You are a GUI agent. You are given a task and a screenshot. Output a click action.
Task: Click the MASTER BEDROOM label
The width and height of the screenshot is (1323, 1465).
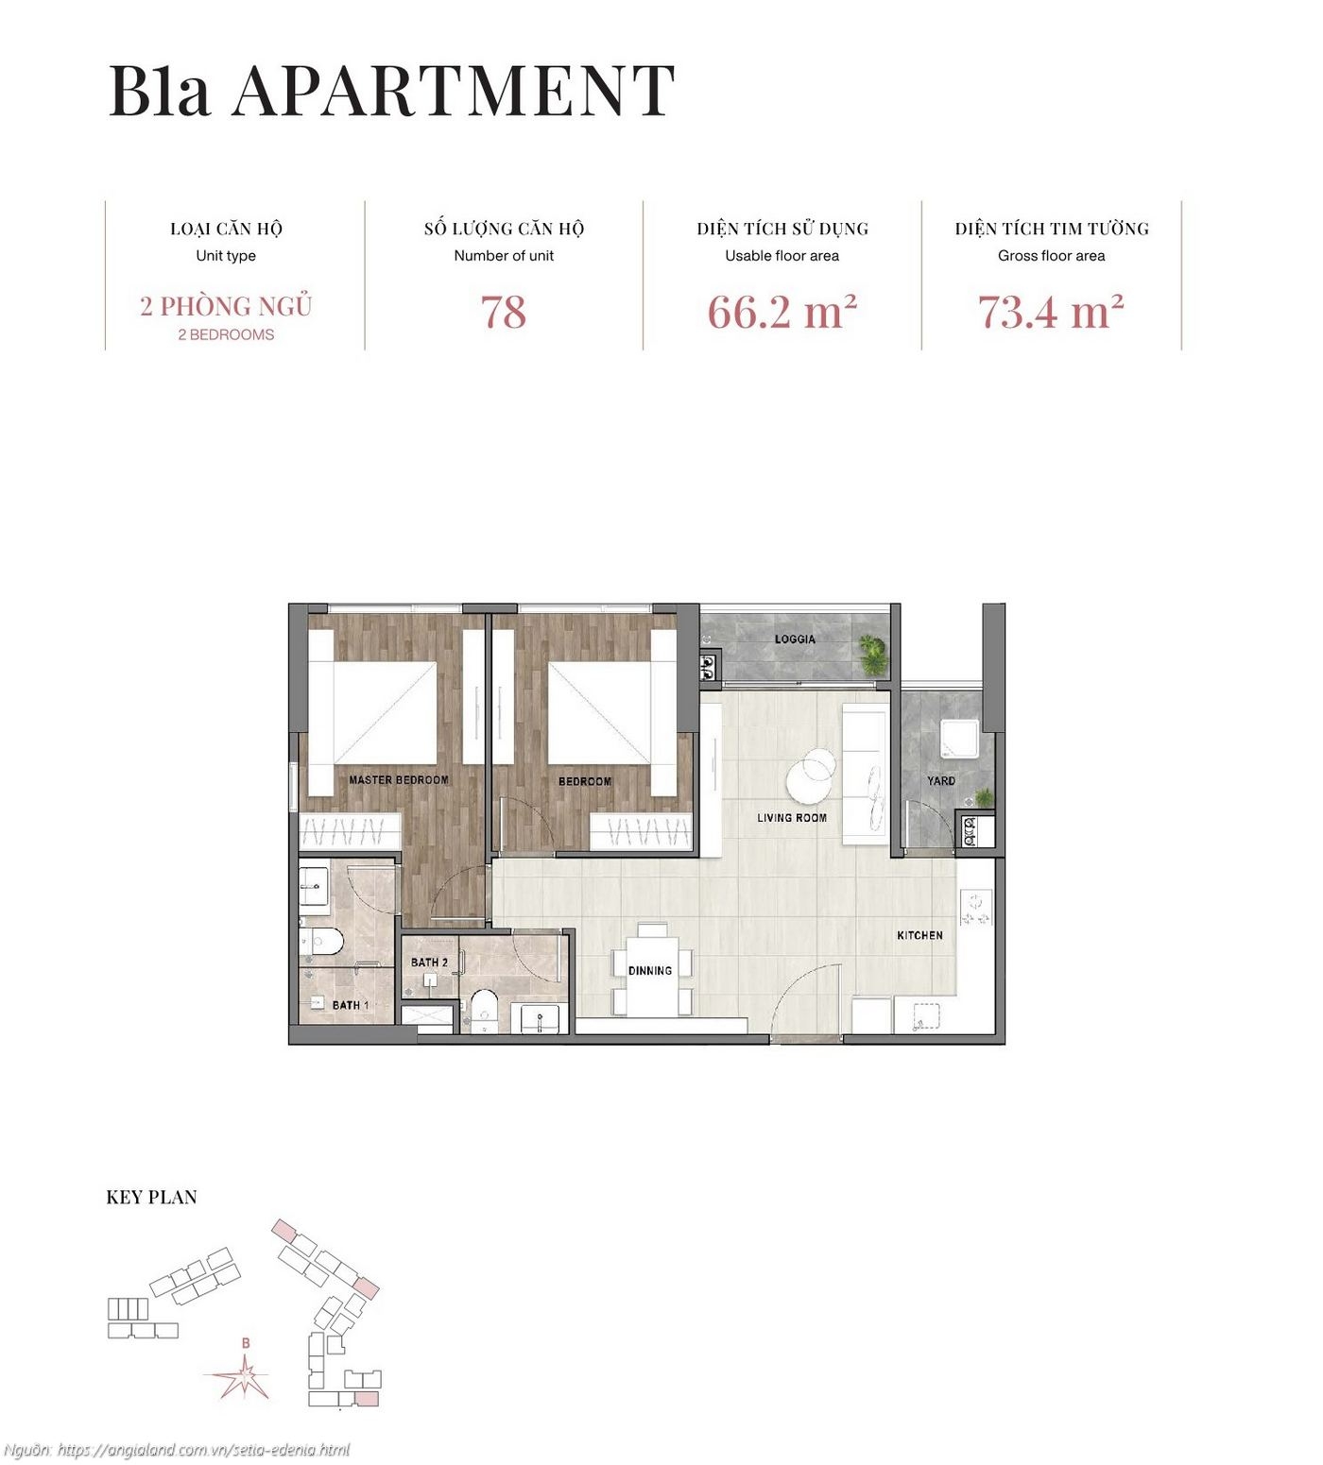[398, 780]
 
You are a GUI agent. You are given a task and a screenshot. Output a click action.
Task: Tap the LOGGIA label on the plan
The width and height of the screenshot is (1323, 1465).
[795, 639]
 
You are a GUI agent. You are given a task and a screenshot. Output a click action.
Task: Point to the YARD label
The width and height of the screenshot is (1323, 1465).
[940, 781]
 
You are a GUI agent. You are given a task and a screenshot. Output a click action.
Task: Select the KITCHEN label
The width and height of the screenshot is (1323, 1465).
[919, 935]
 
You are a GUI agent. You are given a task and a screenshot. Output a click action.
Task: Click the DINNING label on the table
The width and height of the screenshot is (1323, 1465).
[650, 970]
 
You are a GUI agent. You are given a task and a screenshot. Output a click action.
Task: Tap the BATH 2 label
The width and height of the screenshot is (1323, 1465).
[429, 962]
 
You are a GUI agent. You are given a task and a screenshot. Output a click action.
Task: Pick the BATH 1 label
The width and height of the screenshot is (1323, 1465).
[350, 1005]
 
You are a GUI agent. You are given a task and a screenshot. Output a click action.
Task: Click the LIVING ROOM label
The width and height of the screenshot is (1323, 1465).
[792, 818]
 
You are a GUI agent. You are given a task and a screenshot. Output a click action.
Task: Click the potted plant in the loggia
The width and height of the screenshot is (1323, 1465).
[872, 651]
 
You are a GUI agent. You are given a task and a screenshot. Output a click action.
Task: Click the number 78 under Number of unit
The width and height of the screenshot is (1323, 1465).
[503, 313]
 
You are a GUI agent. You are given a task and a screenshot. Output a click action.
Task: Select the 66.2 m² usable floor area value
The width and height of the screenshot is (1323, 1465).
[782, 313]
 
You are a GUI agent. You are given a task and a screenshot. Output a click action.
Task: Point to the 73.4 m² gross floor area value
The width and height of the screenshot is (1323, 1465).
[1050, 313]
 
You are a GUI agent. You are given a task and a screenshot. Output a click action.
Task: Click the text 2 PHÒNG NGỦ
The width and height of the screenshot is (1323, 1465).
[226, 306]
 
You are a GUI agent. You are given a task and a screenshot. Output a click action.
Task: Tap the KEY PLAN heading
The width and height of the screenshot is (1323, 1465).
[151, 1198]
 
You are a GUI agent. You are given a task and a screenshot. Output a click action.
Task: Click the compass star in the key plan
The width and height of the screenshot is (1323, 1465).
[244, 1378]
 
